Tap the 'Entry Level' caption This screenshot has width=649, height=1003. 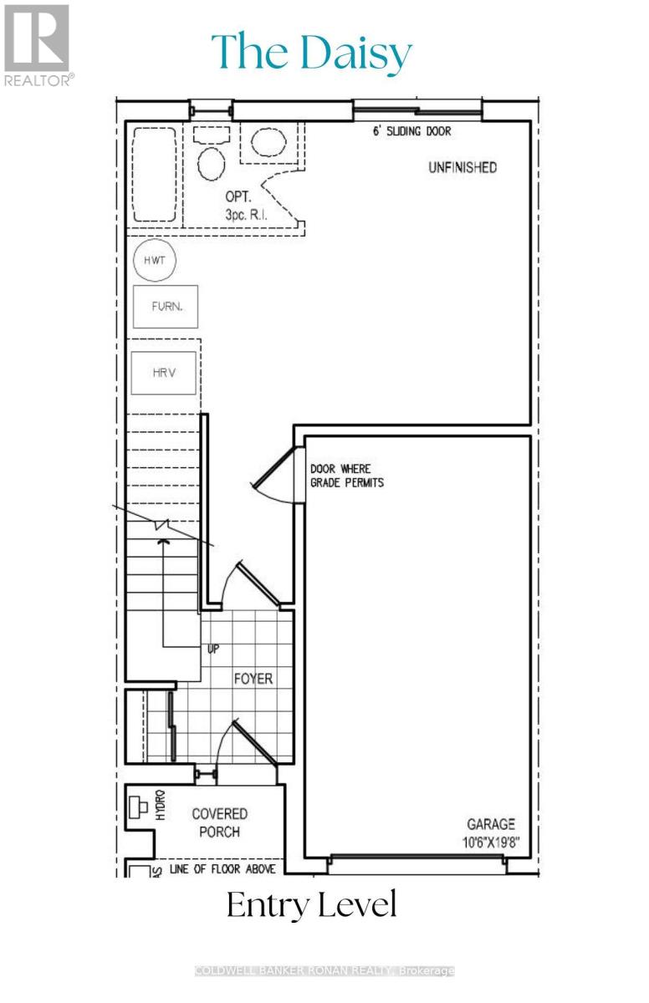(x=312, y=906)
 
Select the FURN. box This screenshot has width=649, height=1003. (x=165, y=307)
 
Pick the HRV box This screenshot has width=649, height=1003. (x=164, y=373)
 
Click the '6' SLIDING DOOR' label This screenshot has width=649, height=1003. (x=413, y=132)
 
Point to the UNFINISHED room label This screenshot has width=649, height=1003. (x=462, y=167)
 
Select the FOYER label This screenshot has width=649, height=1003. (x=253, y=679)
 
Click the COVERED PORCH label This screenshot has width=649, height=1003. (x=219, y=822)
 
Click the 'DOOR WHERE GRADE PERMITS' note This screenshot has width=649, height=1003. (x=346, y=476)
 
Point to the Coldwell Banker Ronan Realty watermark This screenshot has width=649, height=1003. (x=324, y=970)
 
